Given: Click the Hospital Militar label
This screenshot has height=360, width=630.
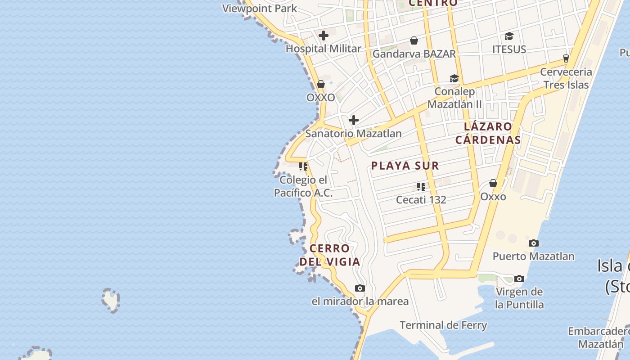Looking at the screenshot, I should (324, 49).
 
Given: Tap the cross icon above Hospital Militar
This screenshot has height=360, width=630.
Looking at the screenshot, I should (324, 36).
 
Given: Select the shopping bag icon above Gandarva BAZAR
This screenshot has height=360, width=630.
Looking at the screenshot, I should (414, 40).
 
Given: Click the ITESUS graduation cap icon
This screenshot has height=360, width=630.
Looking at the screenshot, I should (509, 36).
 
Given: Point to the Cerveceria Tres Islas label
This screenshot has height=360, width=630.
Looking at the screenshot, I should (566, 78).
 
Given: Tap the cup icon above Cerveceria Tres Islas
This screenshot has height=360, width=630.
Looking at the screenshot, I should (566, 58).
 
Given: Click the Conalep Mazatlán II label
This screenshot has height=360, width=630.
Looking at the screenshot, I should (454, 98).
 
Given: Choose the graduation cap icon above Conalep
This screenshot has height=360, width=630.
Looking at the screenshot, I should (454, 79).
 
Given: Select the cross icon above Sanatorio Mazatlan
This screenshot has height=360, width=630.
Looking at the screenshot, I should (354, 120).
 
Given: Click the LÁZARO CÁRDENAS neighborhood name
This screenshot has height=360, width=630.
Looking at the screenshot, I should (488, 133).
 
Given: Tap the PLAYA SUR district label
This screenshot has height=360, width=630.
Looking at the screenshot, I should (405, 166).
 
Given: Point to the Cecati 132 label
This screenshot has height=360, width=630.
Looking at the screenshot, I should (421, 199).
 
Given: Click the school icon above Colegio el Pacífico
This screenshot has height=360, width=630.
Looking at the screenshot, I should (303, 166).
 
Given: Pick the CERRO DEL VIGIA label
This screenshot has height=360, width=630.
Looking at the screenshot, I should (330, 255).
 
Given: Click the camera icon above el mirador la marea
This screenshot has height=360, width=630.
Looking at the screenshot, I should (360, 288).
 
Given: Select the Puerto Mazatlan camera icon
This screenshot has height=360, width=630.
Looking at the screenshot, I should (534, 243).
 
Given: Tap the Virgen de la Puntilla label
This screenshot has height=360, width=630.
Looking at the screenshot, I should (519, 298).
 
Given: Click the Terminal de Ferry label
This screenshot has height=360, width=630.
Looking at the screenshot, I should (443, 325).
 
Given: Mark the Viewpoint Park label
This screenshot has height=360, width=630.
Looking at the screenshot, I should (260, 8).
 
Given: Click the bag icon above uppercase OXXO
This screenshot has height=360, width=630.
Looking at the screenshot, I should (321, 84).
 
